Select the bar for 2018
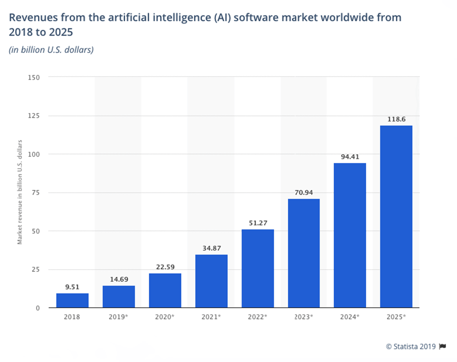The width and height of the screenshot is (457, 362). (72, 300)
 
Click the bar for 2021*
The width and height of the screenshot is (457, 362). (211, 281)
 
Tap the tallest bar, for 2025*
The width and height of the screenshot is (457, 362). (396, 216)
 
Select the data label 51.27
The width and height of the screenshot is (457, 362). (258, 223)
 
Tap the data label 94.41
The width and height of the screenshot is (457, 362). (350, 157)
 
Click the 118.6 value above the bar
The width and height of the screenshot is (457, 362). (396, 119)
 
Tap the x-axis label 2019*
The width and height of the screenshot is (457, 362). (119, 318)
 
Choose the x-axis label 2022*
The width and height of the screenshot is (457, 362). (258, 318)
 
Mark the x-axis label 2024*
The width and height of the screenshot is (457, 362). (350, 318)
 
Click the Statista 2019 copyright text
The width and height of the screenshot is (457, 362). (411, 346)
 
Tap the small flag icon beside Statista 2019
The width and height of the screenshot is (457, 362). (443, 346)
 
